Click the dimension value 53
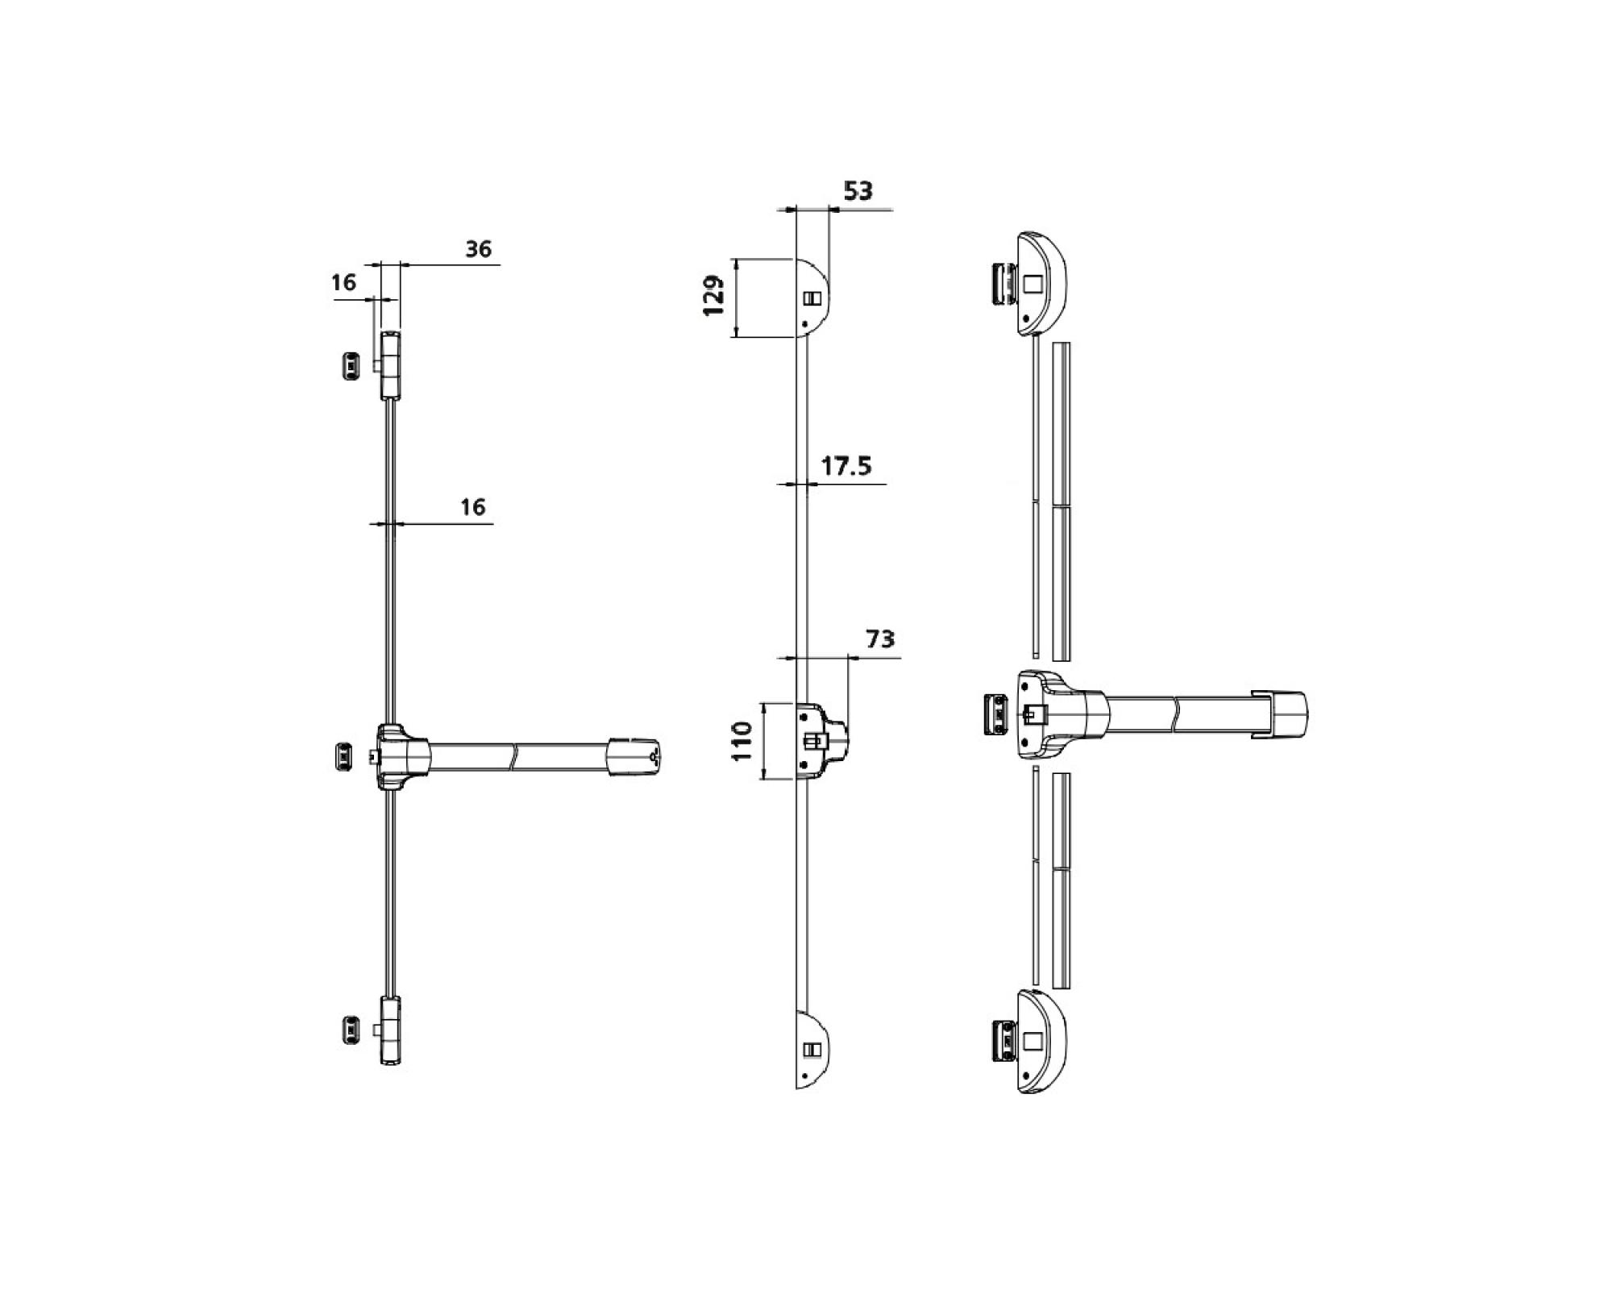(x=858, y=191)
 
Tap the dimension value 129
(x=714, y=297)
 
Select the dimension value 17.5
(x=845, y=466)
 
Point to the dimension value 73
(x=880, y=639)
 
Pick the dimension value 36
(x=478, y=249)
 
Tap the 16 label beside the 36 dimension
(x=343, y=282)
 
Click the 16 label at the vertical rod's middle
(x=473, y=506)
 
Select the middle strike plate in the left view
(x=343, y=755)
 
